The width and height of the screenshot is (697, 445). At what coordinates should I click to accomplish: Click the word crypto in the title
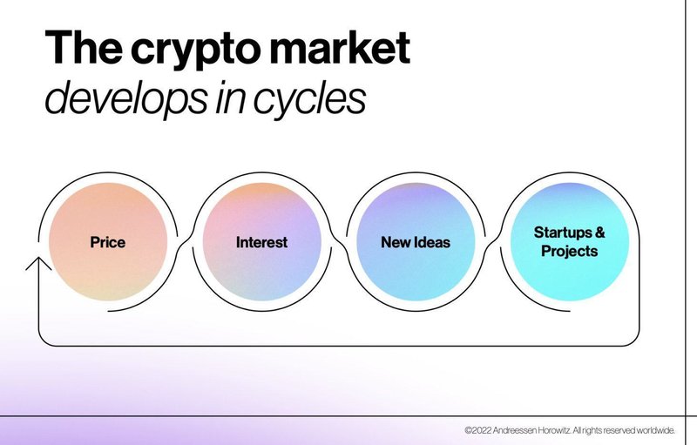pos(195,49)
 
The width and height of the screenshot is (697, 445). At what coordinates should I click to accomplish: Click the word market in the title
pos(340,47)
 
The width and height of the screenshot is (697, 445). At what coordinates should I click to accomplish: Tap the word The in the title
pos(83,47)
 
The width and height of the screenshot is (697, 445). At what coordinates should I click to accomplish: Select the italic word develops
pos(126,99)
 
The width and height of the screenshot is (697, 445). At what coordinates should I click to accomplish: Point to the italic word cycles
pos(309,99)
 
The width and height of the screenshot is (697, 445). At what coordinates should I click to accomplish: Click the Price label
pos(107,242)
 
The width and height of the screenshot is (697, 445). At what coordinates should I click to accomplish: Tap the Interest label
pos(262,242)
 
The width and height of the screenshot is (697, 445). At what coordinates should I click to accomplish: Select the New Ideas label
pos(416,242)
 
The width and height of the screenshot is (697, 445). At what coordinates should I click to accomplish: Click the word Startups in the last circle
pos(562,233)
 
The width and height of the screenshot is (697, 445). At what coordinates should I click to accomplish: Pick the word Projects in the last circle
pos(570,252)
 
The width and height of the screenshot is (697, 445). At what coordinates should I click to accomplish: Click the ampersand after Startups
pos(599,233)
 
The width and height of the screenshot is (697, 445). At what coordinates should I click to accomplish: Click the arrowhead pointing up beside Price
pos(38,263)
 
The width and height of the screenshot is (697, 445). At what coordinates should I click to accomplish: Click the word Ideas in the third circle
pos(432,242)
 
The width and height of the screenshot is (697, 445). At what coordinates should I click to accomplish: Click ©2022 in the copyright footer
pos(477,430)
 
